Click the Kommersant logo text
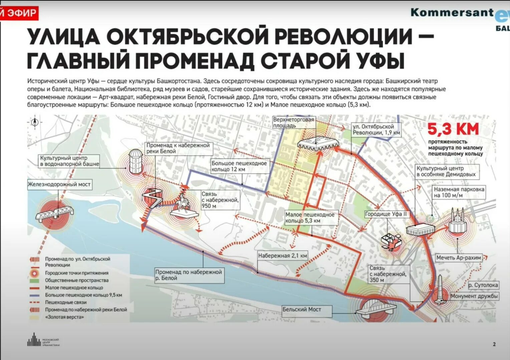(x=452, y=12)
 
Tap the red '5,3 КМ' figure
(x=453, y=129)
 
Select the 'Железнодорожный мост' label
(x=59, y=184)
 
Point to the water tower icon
(x=135, y=161)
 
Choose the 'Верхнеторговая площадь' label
(x=293, y=122)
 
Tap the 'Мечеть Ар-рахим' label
(x=459, y=258)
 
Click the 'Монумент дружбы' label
(x=474, y=296)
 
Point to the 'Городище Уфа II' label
(x=386, y=214)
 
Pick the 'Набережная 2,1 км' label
(x=282, y=256)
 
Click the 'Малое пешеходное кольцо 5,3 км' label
(x=310, y=218)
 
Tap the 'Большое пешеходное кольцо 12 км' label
(x=239, y=166)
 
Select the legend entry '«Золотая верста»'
(x=64, y=317)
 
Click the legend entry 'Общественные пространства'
(x=77, y=280)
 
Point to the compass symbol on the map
(x=35, y=122)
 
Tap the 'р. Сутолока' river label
(x=483, y=285)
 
